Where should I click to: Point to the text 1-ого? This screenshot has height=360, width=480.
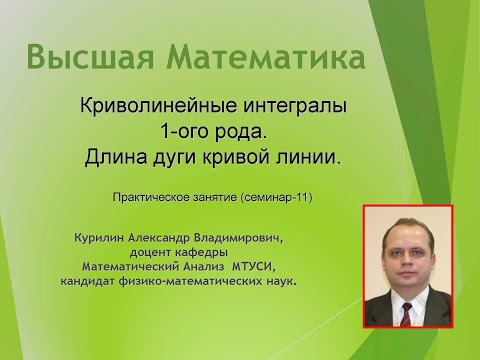[x=187, y=132]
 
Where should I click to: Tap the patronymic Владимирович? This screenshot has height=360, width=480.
[x=251, y=239]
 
